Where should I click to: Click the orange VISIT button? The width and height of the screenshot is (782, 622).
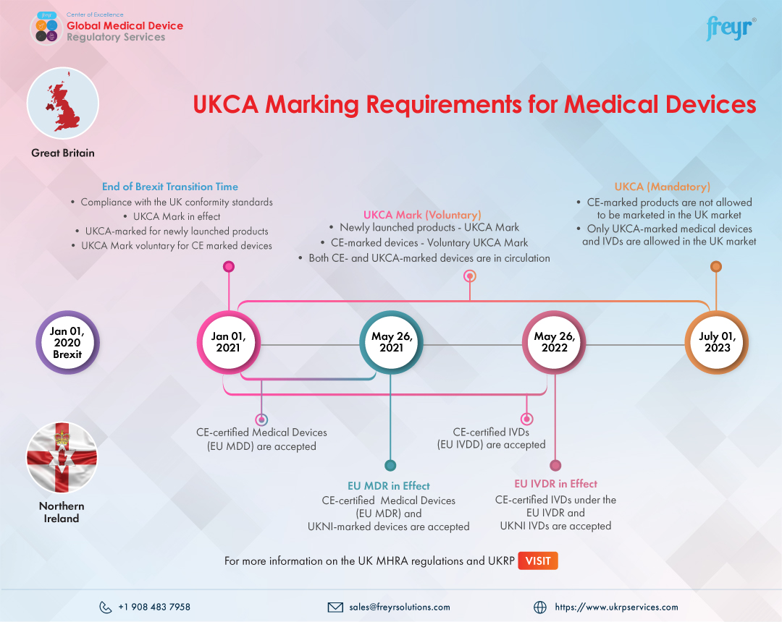pyautogui.click(x=538, y=561)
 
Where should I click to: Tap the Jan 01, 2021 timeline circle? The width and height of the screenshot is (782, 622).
pyautogui.click(x=229, y=342)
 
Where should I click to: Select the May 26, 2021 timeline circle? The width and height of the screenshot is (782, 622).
pyautogui.click(x=391, y=342)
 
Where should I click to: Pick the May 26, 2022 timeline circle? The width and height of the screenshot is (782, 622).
pyautogui.click(x=554, y=342)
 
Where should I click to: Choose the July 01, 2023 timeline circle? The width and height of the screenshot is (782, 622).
pyautogui.click(x=716, y=342)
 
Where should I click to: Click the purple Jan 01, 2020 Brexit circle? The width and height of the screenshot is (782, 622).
pyautogui.click(x=67, y=342)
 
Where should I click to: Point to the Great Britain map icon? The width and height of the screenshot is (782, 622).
pyautogui.click(x=62, y=103)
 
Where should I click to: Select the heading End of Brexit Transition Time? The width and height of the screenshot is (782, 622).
pyautogui.click(x=170, y=187)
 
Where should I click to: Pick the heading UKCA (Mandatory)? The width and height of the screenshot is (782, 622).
pyautogui.click(x=662, y=187)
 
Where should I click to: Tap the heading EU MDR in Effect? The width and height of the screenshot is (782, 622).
pyautogui.click(x=389, y=486)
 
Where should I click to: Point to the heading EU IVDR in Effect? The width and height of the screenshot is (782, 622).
pyautogui.click(x=555, y=484)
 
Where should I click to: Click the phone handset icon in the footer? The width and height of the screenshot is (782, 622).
pyautogui.click(x=106, y=607)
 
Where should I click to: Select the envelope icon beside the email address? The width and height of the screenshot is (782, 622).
pyautogui.click(x=335, y=607)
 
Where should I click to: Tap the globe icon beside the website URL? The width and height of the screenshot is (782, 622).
pyautogui.click(x=539, y=607)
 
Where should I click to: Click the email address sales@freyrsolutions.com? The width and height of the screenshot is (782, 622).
pyautogui.click(x=399, y=607)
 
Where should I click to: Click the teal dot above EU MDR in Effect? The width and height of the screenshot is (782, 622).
pyautogui.click(x=390, y=465)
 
